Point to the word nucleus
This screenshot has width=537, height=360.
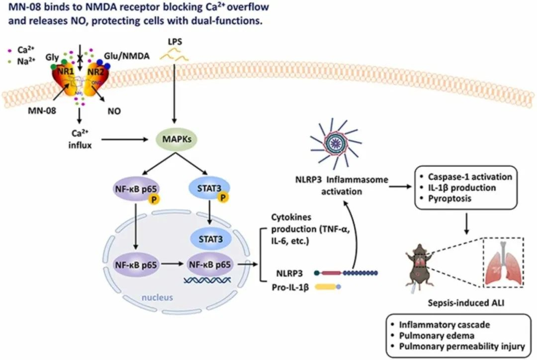point(160,298)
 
